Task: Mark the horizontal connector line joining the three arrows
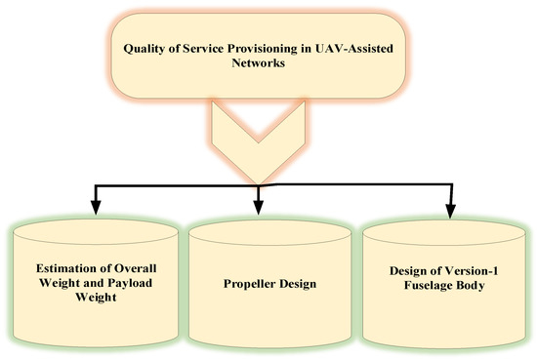(176, 181)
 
